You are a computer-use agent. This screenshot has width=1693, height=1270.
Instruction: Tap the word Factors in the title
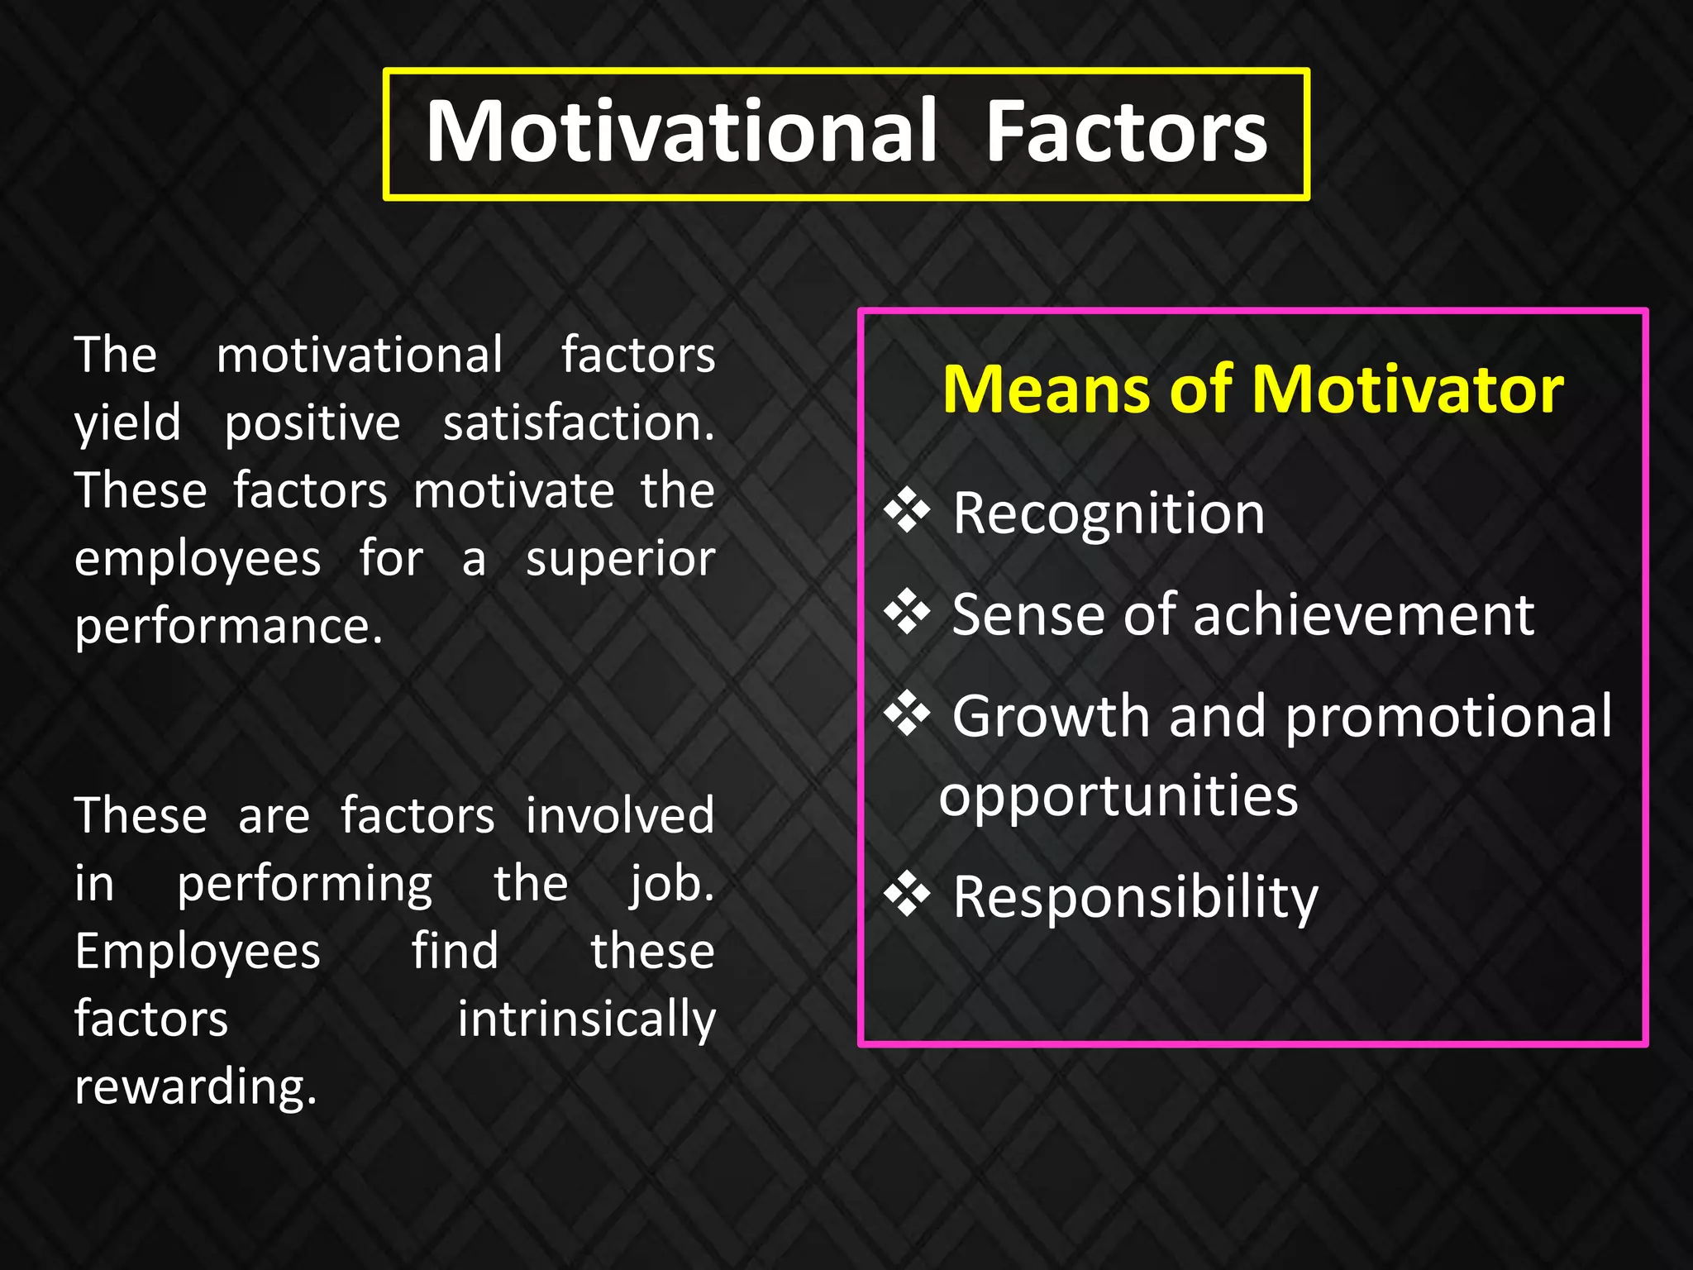(1126, 132)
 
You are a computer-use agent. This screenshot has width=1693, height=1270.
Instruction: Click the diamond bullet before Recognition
(907, 511)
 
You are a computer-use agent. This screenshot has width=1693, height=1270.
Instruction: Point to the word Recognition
(1109, 514)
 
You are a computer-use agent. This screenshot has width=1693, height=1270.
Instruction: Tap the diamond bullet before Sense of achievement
(907, 613)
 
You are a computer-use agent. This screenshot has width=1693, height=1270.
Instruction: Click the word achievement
(1364, 615)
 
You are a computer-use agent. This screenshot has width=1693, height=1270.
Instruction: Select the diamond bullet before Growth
(907, 714)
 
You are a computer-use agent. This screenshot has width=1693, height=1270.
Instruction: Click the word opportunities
(1118, 796)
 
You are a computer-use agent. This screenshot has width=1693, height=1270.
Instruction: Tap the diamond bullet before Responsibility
(907, 895)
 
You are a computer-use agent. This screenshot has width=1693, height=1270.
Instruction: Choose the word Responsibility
(1135, 898)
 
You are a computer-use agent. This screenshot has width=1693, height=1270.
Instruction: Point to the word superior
(620, 560)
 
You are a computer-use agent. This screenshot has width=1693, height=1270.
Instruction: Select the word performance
(229, 626)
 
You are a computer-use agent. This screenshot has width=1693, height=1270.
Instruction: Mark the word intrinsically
(587, 1019)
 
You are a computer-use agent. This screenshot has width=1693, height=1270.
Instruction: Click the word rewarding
(196, 1086)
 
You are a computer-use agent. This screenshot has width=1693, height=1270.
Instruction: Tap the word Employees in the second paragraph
(198, 952)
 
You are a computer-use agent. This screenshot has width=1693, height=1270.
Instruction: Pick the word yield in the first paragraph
(127, 423)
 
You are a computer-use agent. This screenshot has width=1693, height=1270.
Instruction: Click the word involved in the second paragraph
(620, 816)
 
